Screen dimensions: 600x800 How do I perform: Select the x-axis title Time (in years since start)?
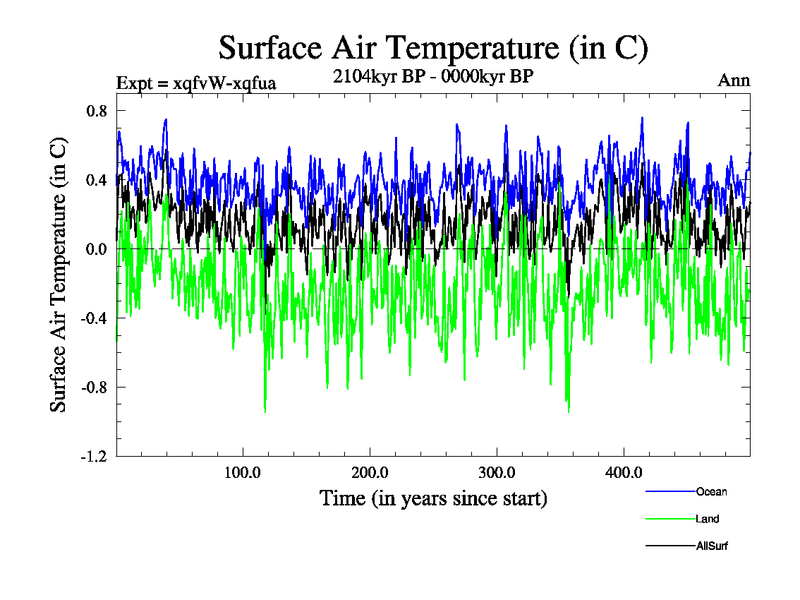433,497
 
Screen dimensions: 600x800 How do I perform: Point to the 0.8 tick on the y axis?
95,111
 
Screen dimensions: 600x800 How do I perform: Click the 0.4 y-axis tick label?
95,180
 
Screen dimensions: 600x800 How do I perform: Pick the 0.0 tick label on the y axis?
95,249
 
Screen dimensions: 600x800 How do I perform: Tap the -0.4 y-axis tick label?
93,318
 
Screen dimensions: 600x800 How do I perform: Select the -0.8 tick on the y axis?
93,387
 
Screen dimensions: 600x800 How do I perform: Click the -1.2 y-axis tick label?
93,456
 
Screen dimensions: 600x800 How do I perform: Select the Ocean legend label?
712,491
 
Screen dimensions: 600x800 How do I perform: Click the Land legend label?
708,519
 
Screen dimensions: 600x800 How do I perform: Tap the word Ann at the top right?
734,81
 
